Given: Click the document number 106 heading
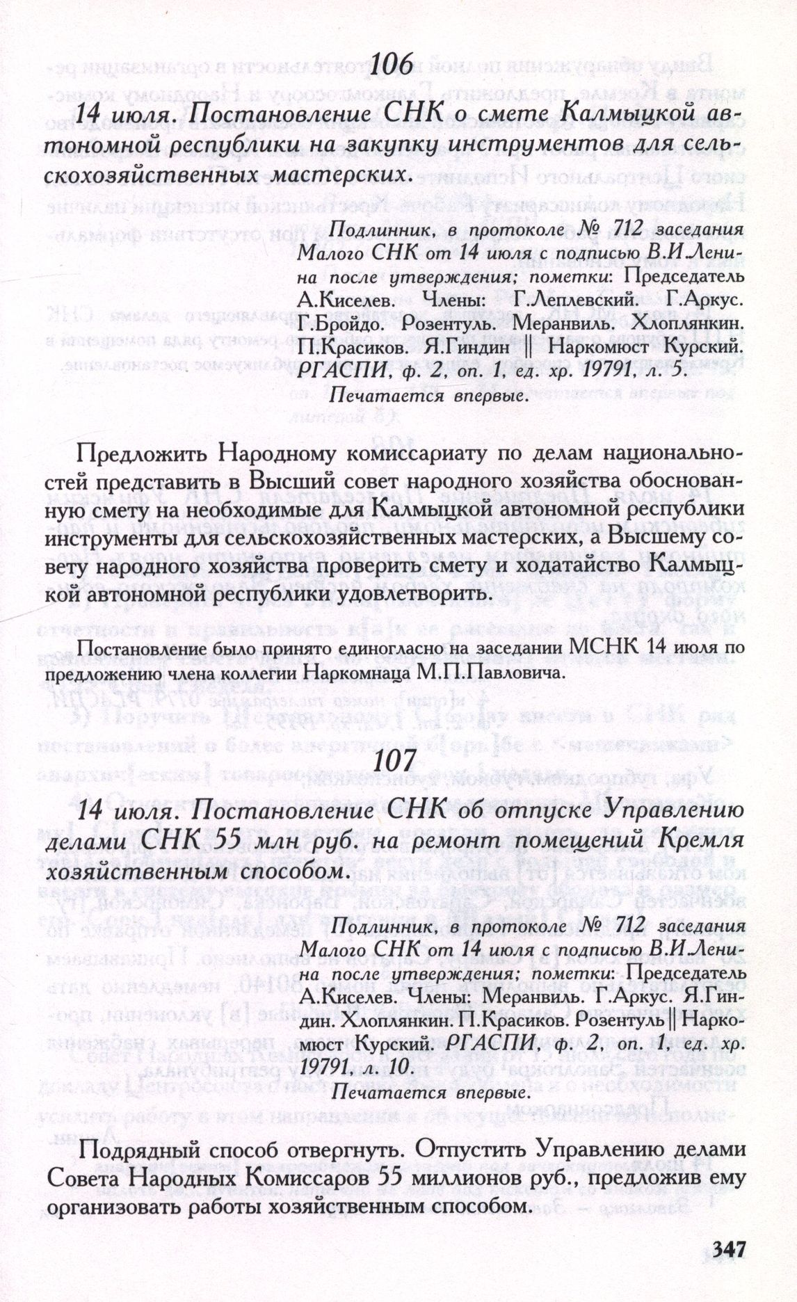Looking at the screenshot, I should point(393,67).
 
